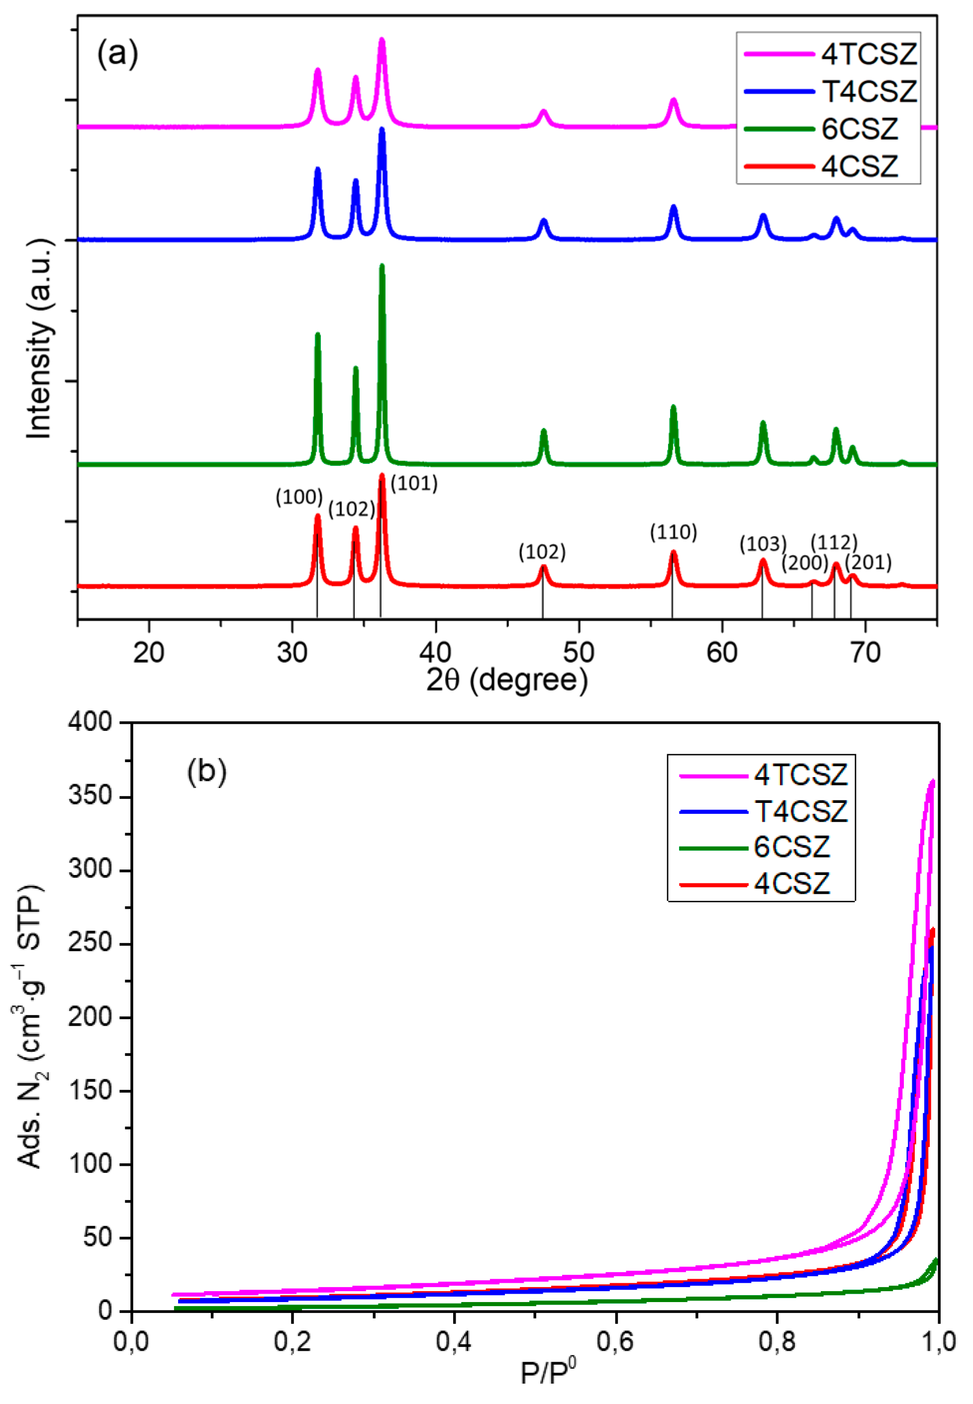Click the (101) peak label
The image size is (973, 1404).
pos(414,484)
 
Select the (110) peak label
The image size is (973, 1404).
pos(673,532)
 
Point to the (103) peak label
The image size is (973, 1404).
pos(763,543)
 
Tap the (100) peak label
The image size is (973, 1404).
pos(299,497)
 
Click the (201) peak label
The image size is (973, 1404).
pos(868,562)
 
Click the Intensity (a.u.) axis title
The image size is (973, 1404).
pos(40,338)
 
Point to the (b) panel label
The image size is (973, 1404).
pos(206,772)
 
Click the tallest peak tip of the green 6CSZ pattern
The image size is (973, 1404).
pos(382,265)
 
